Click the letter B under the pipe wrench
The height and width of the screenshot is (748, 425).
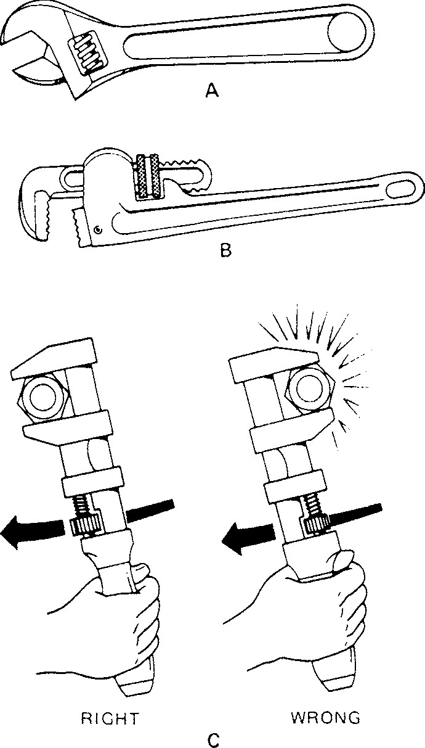[225, 251]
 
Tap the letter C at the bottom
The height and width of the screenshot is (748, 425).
[213, 738]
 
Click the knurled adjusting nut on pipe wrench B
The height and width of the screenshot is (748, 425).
[148, 176]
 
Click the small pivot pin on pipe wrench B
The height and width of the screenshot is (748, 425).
[98, 231]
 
